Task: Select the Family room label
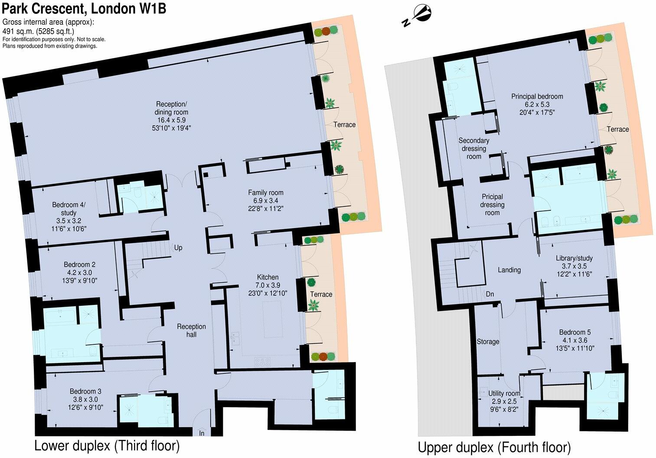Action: pos(266,193)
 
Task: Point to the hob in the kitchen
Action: pos(262,361)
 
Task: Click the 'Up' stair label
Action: pos(178,248)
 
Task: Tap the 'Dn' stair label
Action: pos(490,294)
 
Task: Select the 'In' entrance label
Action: pos(202,433)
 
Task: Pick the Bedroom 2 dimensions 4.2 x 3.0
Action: pos(79,273)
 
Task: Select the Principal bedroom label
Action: pos(537,96)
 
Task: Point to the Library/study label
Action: pos(574,258)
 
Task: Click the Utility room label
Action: pos(504,393)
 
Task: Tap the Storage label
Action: pos(488,342)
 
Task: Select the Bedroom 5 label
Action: pos(574,332)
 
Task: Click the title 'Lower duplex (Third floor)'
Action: pos(107,446)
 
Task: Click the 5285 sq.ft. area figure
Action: pos(56,31)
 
